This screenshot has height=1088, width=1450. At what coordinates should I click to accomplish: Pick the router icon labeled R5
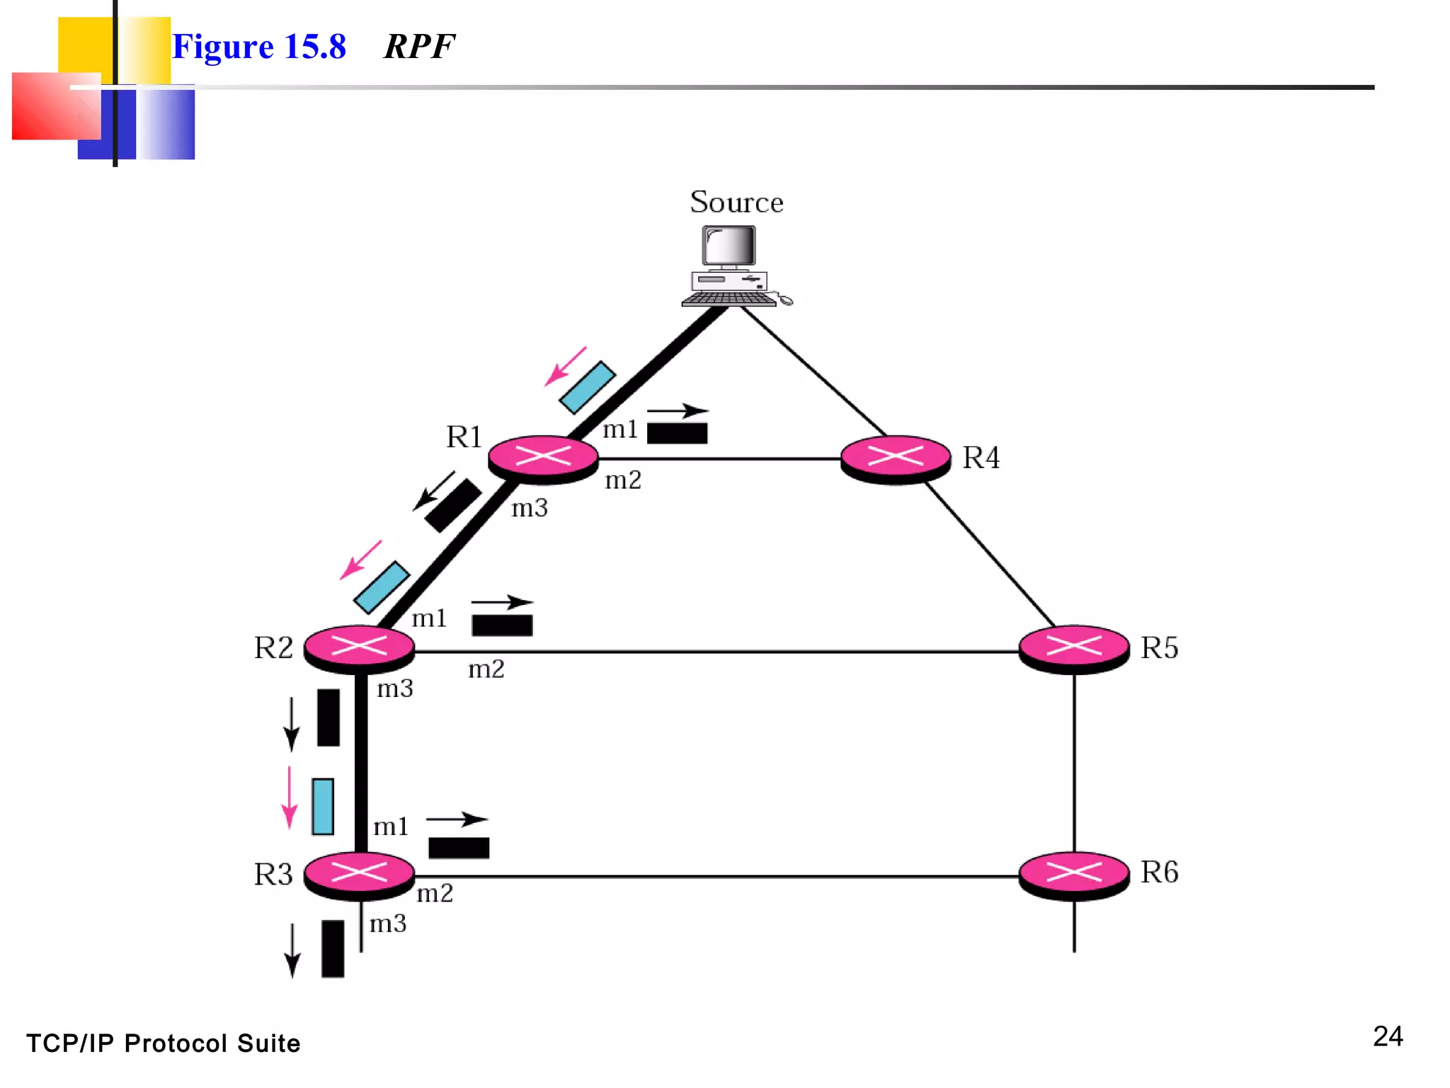(x=1074, y=647)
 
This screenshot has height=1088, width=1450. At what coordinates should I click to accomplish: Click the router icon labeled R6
(x=1074, y=874)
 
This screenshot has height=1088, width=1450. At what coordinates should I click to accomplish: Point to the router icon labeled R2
(x=359, y=647)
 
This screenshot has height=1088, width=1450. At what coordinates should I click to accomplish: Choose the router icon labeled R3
(x=359, y=874)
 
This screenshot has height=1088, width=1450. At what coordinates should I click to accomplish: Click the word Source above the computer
(x=736, y=203)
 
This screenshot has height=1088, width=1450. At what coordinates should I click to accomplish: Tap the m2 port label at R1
(x=623, y=481)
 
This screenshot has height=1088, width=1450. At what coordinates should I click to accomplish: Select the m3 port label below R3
(x=388, y=924)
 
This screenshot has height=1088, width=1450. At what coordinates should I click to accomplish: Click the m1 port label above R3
(x=391, y=827)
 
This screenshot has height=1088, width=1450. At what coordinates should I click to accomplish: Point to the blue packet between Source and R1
(x=587, y=387)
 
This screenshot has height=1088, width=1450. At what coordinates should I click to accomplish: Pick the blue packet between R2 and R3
(x=323, y=807)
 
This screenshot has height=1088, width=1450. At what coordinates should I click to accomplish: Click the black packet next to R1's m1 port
(x=677, y=433)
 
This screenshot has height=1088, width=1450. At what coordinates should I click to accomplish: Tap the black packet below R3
(x=333, y=948)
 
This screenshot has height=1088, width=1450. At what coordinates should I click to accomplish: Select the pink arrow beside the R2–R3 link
(x=289, y=797)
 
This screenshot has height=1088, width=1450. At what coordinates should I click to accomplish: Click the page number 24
(x=1387, y=1036)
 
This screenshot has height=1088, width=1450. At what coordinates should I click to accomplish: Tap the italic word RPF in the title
(x=419, y=47)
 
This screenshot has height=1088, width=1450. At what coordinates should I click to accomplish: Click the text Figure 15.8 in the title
(x=259, y=47)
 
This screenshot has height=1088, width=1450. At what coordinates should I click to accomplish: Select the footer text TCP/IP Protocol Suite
(x=164, y=1043)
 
